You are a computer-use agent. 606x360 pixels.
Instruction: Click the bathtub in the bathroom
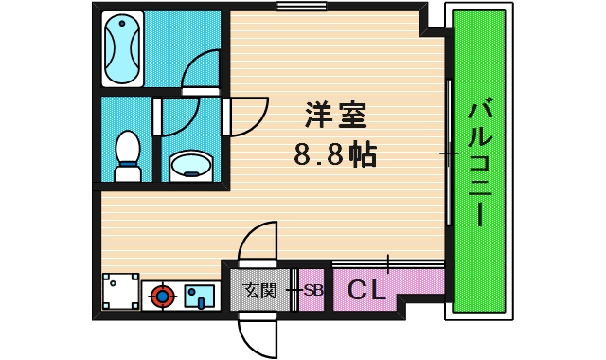tap(122, 48)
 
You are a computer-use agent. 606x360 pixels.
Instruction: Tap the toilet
tap(127, 157)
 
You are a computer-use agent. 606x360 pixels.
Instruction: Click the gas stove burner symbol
tap(163, 297)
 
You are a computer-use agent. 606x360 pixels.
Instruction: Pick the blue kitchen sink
tap(200, 297)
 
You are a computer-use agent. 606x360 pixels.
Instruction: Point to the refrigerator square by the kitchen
tap(120, 292)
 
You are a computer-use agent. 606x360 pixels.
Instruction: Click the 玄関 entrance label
tap(258, 291)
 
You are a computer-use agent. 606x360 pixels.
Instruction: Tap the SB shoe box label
tap(312, 291)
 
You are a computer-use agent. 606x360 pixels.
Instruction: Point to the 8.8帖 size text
tap(335, 153)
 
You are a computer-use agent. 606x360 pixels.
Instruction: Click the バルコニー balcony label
tap(478, 161)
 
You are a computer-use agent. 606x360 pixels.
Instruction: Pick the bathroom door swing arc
tap(201, 68)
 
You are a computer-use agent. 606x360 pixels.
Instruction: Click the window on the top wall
tap(295, 7)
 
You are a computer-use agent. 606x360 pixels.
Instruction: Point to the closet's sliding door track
tap(388, 262)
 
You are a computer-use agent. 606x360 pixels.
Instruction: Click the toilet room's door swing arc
tap(179, 118)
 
